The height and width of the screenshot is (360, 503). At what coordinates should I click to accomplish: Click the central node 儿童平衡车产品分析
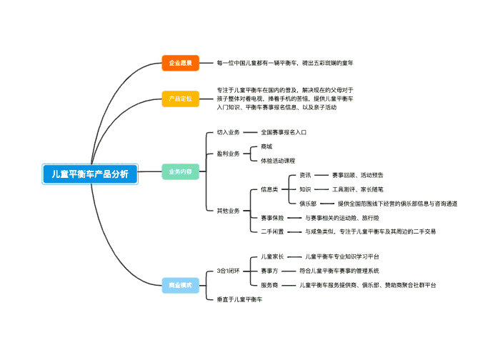pyautogui.click(x=89, y=174)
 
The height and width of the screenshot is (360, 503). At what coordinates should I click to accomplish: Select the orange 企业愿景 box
pyautogui.click(x=180, y=63)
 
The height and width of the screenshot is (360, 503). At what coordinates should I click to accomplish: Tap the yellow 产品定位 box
pyautogui.click(x=180, y=99)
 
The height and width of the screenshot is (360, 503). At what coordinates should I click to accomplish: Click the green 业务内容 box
pyautogui.click(x=180, y=172)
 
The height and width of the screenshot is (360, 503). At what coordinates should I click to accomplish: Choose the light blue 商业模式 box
pyautogui.click(x=180, y=285)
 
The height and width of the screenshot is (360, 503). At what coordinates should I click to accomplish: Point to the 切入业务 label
pyautogui.click(x=228, y=132)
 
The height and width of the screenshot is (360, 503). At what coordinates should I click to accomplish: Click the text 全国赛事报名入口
pyautogui.click(x=284, y=132)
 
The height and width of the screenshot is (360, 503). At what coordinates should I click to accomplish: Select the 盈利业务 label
pyautogui.click(x=228, y=154)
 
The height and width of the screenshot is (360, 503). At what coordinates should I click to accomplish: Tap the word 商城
pyautogui.click(x=267, y=146)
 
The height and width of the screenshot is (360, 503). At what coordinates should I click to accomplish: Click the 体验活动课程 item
pyautogui.click(x=278, y=161)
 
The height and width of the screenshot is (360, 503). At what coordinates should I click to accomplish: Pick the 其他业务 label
pyautogui.click(x=228, y=211)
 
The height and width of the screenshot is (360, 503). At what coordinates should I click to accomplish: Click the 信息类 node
pyautogui.click(x=269, y=189)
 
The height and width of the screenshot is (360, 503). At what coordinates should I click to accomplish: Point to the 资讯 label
pyautogui.click(x=305, y=175)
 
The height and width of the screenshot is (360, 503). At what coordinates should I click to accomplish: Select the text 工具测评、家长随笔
pyautogui.click(x=357, y=189)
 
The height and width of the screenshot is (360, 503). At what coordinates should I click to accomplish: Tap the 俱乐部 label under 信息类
pyautogui.click(x=308, y=204)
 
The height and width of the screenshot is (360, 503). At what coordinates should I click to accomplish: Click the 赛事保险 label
pyautogui.click(x=272, y=217)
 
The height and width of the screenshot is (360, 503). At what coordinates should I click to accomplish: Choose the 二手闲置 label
pyautogui.click(x=272, y=231)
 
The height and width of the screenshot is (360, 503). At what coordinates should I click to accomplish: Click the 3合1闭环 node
pyautogui.click(x=228, y=271)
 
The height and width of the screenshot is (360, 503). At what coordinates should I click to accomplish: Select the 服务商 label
pyautogui.click(x=269, y=285)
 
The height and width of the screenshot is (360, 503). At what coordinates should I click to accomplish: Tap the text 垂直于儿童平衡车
pyautogui.click(x=239, y=299)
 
